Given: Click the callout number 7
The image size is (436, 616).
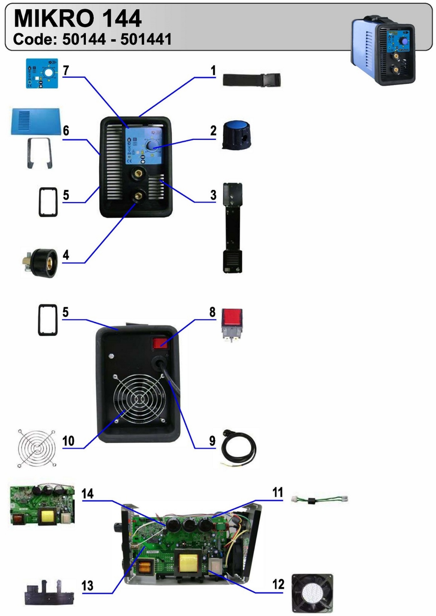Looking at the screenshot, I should pyautogui.click(x=66, y=70).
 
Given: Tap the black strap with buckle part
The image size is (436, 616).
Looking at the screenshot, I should pyautogui.click(x=251, y=80).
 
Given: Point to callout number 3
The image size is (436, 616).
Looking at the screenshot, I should pyautogui.click(x=213, y=195).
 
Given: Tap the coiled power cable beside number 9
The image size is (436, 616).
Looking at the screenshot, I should pyautogui.click(x=239, y=448).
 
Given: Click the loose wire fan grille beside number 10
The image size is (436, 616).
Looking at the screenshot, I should pyautogui.click(x=36, y=448).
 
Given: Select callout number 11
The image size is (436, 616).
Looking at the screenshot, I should pyautogui.click(x=278, y=492).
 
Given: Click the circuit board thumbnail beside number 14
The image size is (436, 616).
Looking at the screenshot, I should pyautogui.click(x=43, y=505).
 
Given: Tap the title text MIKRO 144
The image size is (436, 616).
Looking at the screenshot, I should pyautogui.click(x=77, y=18).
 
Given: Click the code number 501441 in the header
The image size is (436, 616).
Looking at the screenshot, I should pyautogui.click(x=146, y=39).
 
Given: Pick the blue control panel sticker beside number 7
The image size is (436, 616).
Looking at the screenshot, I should pyautogui.click(x=42, y=73).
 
